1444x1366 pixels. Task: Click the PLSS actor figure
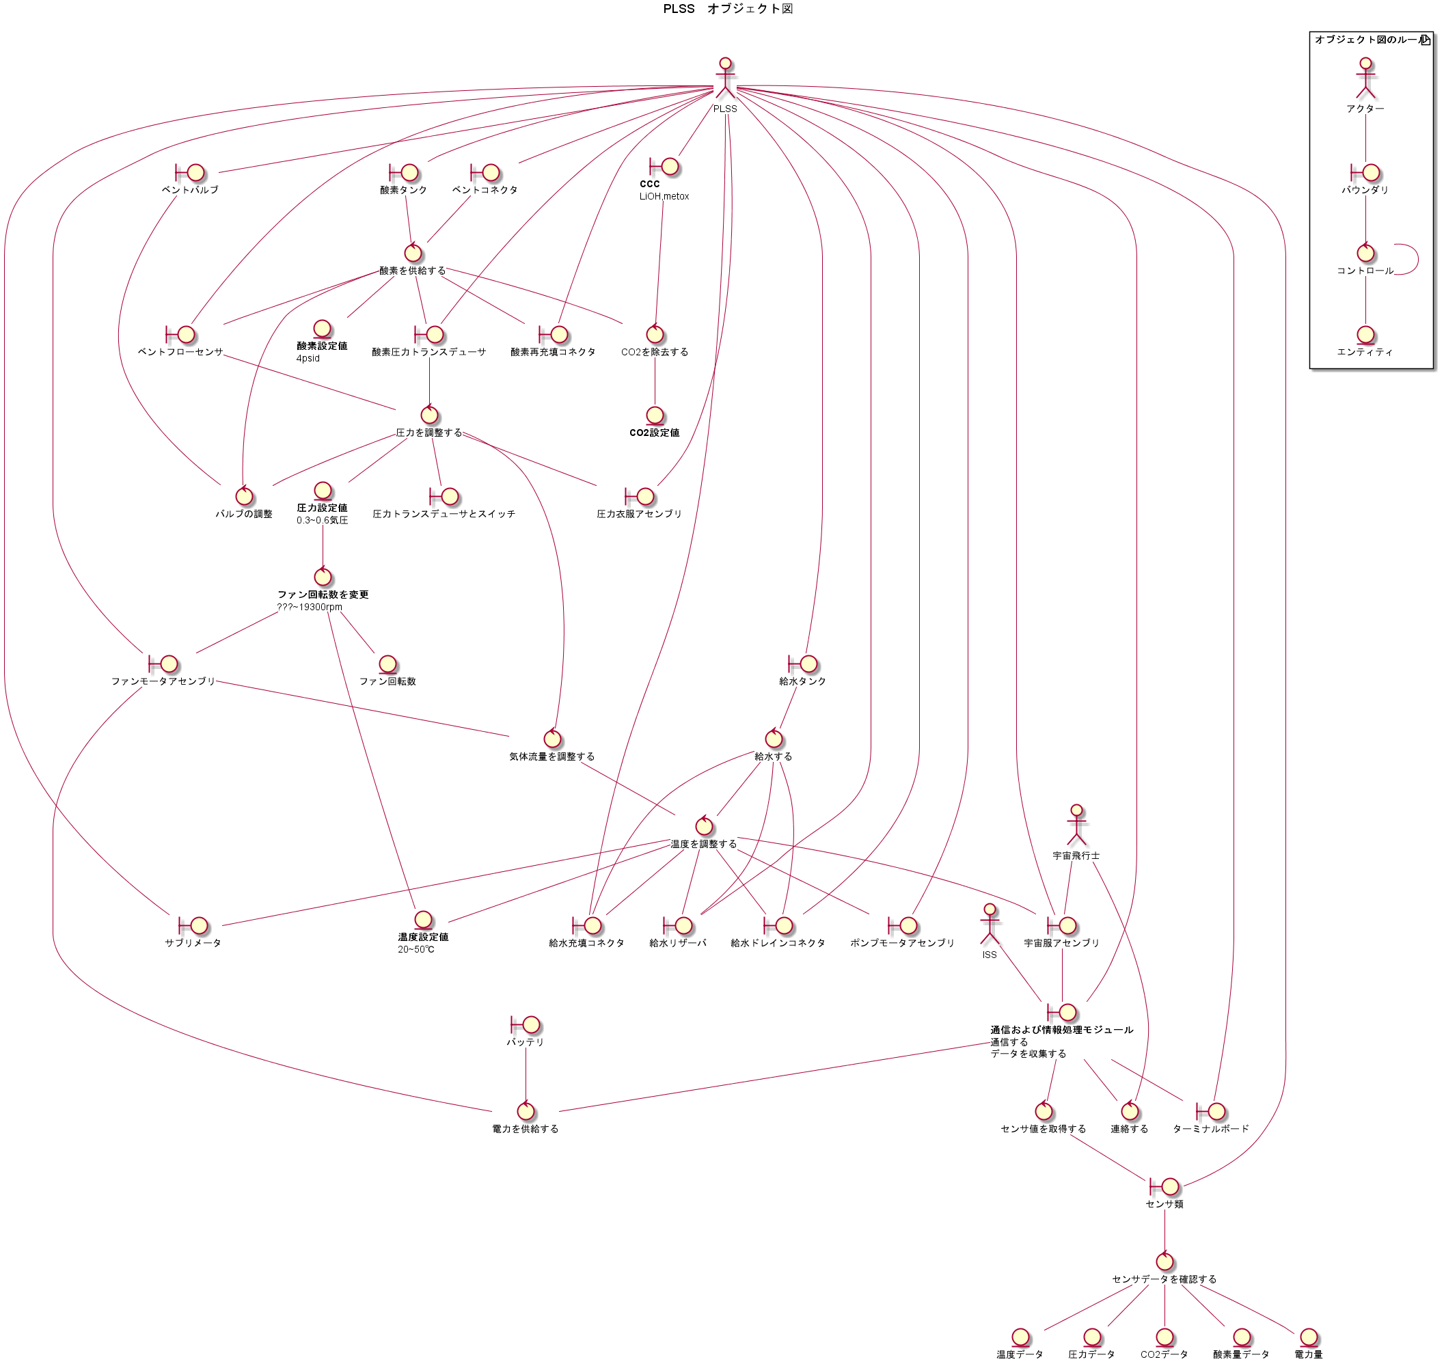coord(724,79)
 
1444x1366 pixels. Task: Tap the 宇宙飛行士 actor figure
coord(1076,824)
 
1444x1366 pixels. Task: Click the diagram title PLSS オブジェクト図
coord(726,9)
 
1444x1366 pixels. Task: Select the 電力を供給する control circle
coord(526,1111)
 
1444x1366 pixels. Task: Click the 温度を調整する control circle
coord(703,825)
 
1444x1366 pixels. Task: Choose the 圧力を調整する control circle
coord(430,415)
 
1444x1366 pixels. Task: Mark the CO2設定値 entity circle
coord(655,415)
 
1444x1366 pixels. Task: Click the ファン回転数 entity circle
coord(387,664)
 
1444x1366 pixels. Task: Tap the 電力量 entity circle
coord(1309,1337)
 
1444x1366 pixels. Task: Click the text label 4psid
coord(308,358)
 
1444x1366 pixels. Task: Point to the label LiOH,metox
coord(664,196)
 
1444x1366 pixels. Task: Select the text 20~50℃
coord(416,948)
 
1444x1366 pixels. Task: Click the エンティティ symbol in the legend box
coord(1365,335)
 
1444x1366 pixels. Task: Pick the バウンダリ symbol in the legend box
coord(1365,173)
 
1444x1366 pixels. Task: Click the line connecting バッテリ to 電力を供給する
coord(526,1074)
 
